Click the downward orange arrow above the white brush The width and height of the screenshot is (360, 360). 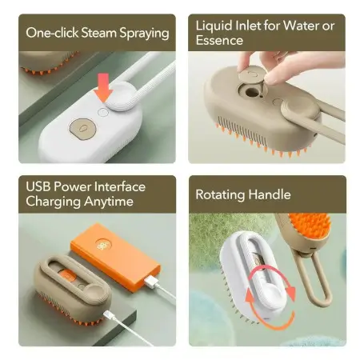pos(103,87)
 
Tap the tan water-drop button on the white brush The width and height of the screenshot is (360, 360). pos(83,128)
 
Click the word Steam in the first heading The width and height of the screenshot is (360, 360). pos(99,33)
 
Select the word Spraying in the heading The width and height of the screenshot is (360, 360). pos(144,34)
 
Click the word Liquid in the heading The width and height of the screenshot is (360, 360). pos(214,26)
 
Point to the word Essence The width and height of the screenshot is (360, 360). pos(219,40)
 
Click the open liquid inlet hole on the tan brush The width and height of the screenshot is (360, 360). pos(252,93)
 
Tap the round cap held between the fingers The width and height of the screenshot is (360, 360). pos(251,75)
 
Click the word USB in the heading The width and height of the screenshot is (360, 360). pos(38,186)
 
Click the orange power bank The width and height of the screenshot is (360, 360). pos(115,257)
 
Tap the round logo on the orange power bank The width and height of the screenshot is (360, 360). pos(102,246)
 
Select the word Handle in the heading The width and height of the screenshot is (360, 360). pos(269,194)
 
